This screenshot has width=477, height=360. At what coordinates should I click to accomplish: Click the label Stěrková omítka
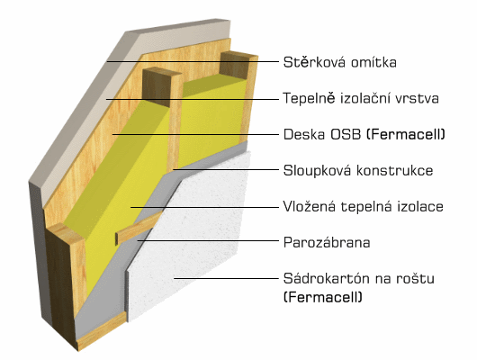[x=340, y=62]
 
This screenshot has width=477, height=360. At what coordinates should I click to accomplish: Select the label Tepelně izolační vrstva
[x=361, y=98]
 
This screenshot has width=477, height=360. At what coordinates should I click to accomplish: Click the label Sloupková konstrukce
[x=358, y=170]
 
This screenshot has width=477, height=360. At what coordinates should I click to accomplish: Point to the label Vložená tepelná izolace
[x=364, y=206]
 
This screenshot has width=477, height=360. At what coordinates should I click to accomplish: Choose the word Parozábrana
[x=327, y=242]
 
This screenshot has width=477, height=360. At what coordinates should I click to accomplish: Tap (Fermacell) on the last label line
[x=323, y=297]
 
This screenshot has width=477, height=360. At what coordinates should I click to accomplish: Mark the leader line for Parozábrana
[x=208, y=240]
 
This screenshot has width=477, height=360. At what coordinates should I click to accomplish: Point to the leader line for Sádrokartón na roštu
[x=226, y=278]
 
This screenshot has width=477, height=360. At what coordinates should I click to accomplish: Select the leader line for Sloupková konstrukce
[x=225, y=169]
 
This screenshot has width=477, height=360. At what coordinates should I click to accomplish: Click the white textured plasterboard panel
[x=189, y=238]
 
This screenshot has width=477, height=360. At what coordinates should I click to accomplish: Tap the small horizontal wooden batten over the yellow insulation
[x=139, y=228]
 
